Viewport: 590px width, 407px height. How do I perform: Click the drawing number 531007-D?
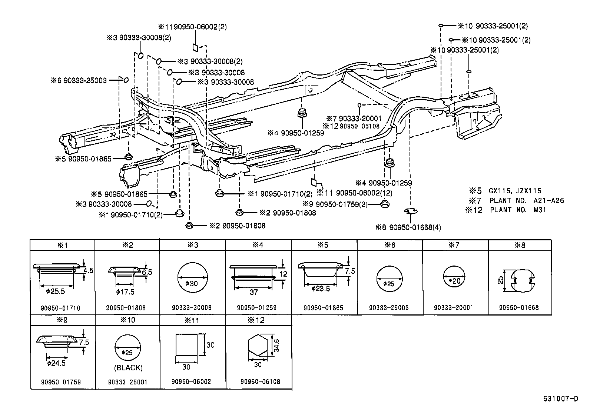coord(561,399)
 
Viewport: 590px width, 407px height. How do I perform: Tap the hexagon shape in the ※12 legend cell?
coord(258,347)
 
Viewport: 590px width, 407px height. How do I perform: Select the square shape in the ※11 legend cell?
coord(186,345)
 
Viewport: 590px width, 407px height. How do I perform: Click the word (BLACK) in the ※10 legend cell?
coord(128,368)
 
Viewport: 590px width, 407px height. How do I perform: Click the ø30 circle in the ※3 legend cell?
coord(192,278)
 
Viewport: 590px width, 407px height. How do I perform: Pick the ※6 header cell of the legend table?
coord(390,245)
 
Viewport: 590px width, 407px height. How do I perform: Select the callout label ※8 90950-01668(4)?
coord(408,227)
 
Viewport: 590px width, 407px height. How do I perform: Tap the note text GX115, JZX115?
coord(515,191)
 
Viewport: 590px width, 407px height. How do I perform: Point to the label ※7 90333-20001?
coord(354,119)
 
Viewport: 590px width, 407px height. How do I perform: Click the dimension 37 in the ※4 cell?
coord(253,292)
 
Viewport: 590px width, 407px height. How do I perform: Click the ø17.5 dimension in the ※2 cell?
coord(125,292)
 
